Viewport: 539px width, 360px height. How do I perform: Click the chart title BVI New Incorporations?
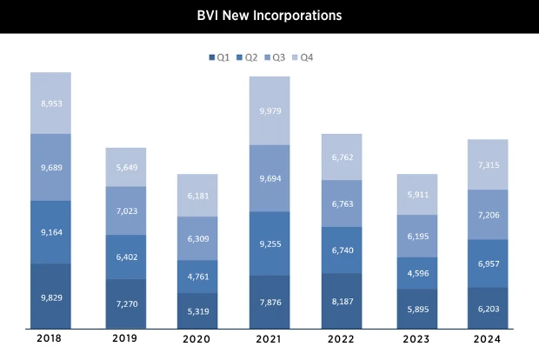pos(269,16)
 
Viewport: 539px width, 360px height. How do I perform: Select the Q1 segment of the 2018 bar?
pos(50,297)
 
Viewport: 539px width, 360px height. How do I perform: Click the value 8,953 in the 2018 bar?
pos(50,103)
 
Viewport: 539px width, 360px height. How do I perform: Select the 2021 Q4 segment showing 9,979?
pos(269,110)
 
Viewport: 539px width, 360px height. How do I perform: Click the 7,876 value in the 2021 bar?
pos(269,303)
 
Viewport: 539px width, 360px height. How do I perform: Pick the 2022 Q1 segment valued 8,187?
pos(342,301)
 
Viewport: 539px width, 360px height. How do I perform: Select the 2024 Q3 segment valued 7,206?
pos(488,214)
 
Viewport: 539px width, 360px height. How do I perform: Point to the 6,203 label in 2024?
pos(488,309)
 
